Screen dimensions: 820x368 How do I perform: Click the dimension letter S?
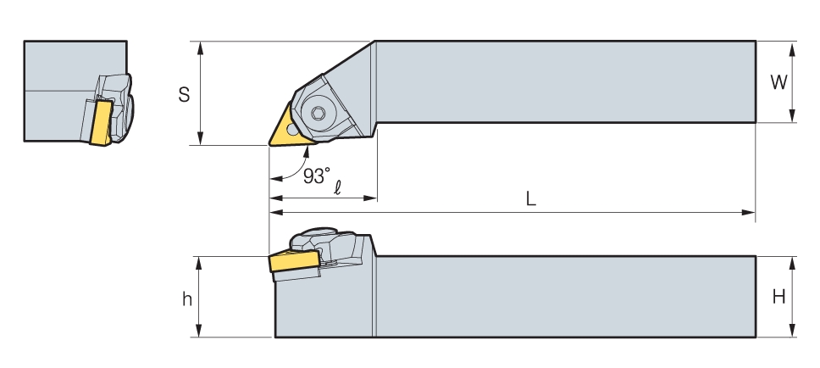click(184, 95)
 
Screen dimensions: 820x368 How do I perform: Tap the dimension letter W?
click(778, 82)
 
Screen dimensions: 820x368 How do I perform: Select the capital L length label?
click(531, 199)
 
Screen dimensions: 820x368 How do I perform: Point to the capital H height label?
click(779, 297)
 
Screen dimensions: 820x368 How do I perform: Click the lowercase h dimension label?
click(186, 299)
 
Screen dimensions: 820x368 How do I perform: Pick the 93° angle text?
click(317, 176)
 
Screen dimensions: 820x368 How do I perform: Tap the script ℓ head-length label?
click(338, 187)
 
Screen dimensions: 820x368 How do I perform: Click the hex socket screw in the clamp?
click(319, 113)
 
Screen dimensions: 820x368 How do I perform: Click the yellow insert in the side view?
click(295, 260)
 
